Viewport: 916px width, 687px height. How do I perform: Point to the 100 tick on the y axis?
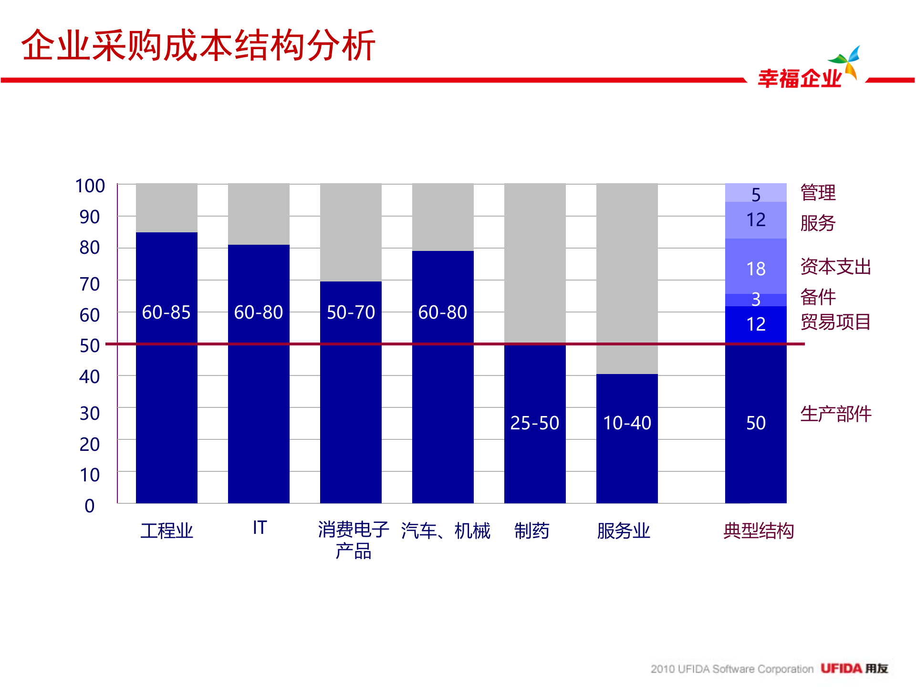90,186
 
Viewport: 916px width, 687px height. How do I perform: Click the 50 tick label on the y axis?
90,345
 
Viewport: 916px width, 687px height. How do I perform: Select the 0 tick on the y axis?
90,506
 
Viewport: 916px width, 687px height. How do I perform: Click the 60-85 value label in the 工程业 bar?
166,312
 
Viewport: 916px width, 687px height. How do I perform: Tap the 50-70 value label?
351,312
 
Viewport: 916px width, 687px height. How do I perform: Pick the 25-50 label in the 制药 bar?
534,423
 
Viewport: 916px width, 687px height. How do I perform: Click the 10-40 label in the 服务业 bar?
627,423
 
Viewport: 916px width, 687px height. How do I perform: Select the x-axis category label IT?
260,528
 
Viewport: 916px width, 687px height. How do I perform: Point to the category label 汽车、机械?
446,531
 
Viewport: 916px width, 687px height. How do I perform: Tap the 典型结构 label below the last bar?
759,531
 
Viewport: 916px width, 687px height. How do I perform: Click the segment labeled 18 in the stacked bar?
756,269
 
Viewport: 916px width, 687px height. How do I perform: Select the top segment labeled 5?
756,194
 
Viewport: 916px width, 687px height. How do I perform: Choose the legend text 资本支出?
835,267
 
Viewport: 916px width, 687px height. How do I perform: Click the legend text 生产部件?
835,414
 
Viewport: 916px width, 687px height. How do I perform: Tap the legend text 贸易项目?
835,322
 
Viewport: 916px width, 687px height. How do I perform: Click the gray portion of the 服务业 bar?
627,277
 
